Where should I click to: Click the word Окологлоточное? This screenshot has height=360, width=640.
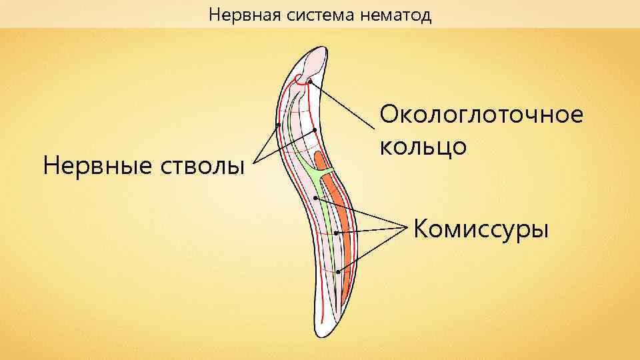pos(481,114)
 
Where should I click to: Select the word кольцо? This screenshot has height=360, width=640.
pos(421,145)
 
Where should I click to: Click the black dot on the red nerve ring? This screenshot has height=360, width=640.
pos(311,81)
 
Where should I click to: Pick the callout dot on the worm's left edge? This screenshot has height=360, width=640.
pos(279,124)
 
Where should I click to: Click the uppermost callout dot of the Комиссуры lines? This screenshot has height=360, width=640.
pos(315,198)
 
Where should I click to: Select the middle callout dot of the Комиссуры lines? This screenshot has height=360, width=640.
pos(337,233)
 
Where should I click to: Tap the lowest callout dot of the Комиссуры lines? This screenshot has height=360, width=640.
pos(339,271)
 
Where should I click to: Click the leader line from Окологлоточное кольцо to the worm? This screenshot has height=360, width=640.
pos(343,107)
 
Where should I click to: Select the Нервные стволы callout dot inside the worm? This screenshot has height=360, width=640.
pos(314,129)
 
